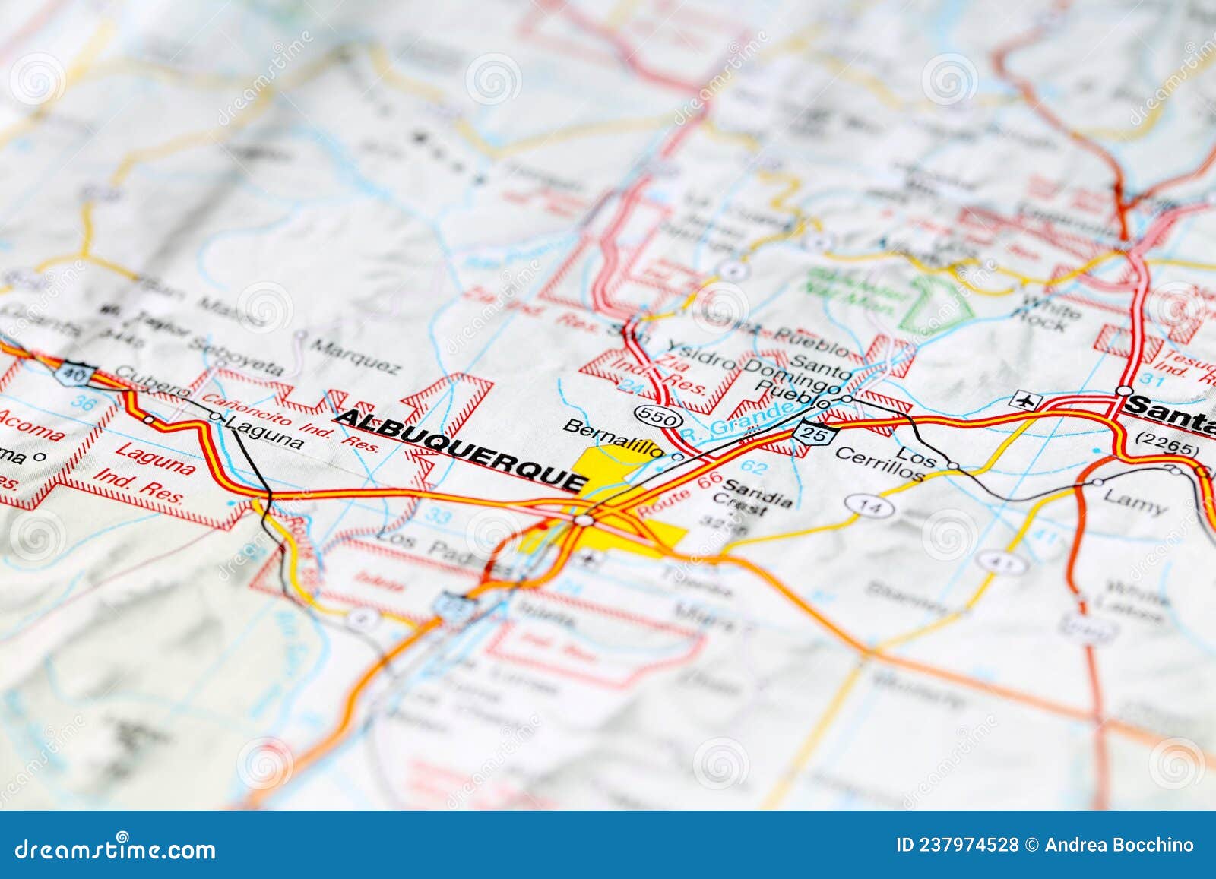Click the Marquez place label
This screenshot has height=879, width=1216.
pyautogui.click(x=356, y=357)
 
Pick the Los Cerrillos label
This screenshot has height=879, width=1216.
pyautogui.click(x=891, y=462)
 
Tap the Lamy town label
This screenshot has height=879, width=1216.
pyautogui.click(x=1134, y=501)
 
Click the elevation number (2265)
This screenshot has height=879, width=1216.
pyautogui.click(x=1166, y=440)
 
